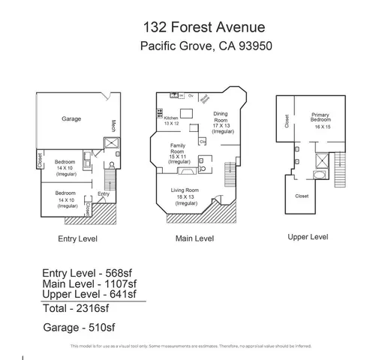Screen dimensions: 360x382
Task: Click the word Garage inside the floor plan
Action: (x=71, y=119)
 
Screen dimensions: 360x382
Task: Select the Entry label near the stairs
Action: (x=103, y=194)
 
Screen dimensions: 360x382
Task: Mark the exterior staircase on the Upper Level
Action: (x=341, y=172)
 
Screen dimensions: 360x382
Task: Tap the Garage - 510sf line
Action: (x=79, y=327)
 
